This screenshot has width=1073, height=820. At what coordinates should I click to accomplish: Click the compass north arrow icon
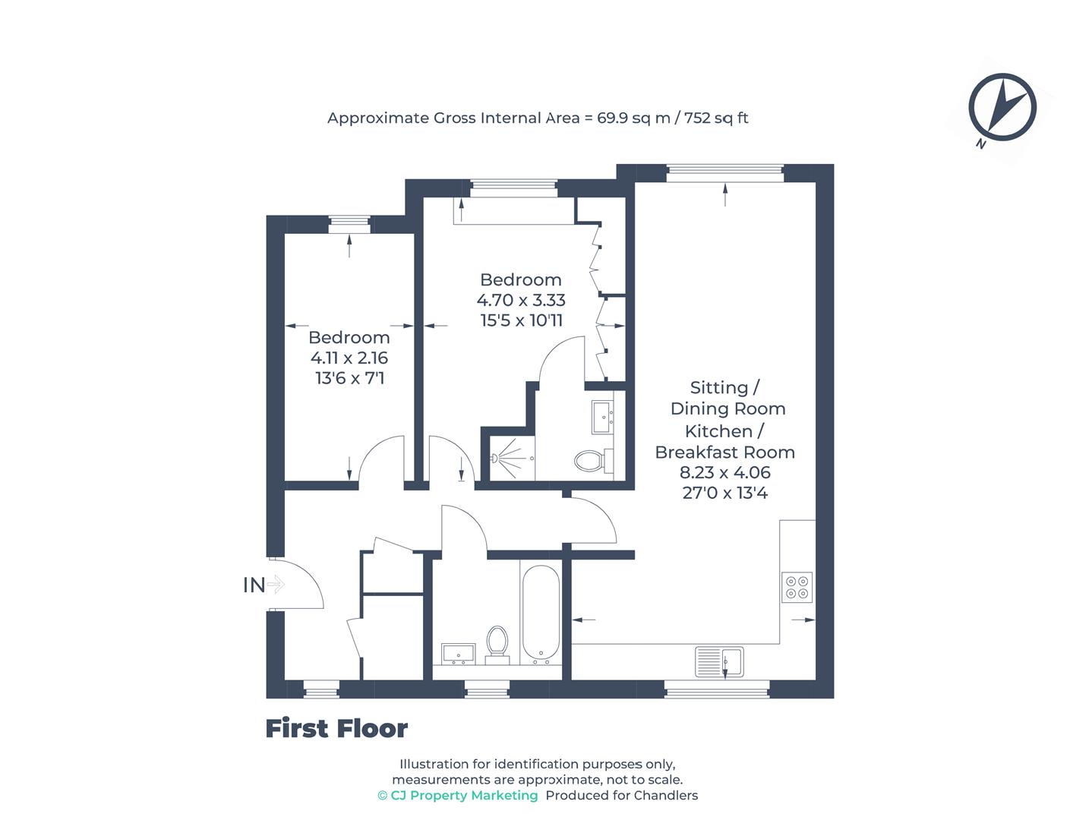[x=1002, y=108]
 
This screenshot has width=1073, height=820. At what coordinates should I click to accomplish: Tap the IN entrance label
[x=254, y=585]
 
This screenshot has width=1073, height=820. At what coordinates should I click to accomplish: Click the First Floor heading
[x=336, y=729]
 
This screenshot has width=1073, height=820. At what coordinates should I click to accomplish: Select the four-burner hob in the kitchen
[x=797, y=587]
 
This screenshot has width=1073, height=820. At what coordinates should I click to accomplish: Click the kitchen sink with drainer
[x=719, y=661]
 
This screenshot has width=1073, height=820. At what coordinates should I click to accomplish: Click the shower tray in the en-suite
[x=509, y=458]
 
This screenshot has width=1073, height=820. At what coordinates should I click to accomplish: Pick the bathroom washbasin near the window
[x=458, y=653]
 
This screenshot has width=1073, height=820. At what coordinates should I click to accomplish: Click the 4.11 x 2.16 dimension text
[x=349, y=358]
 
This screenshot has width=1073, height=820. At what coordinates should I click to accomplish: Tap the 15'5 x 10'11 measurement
[x=521, y=320]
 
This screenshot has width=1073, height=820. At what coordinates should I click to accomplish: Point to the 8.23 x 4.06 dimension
[x=724, y=472]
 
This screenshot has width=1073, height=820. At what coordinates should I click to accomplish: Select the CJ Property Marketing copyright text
[x=458, y=796]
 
